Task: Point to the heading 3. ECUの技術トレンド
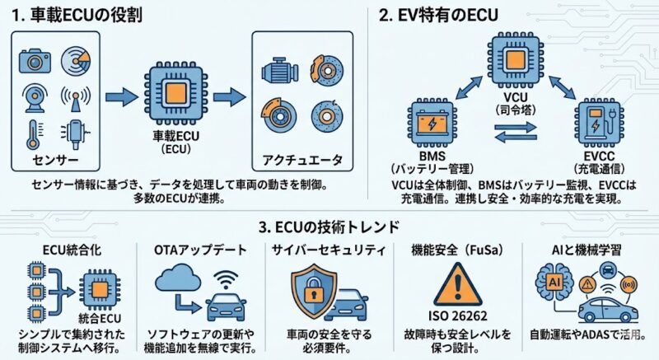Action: pyautogui.click(x=329, y=226)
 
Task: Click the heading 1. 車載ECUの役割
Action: pyautogui.click(x=88, y=14)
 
